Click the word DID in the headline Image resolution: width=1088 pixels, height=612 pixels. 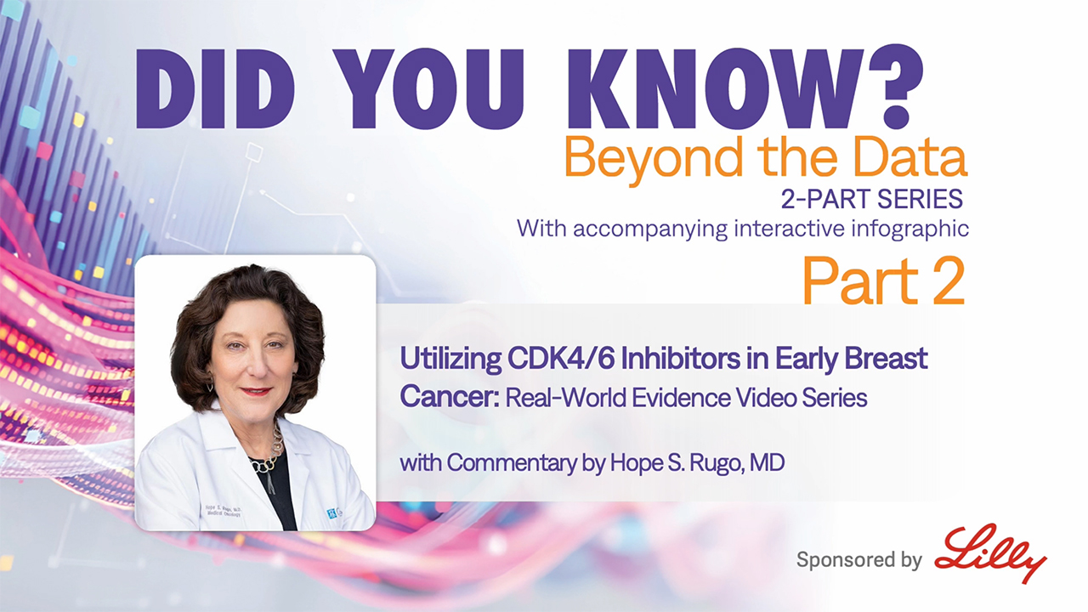point(215,88)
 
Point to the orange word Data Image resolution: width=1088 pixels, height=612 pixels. point(909,156)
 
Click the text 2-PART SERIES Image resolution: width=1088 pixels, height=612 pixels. point(872,199)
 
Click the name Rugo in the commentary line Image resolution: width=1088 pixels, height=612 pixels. point(717,463)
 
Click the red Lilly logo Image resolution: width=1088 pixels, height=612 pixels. point(991,552)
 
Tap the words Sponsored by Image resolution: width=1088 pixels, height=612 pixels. point(859,560)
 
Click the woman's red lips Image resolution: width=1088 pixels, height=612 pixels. point(256,391)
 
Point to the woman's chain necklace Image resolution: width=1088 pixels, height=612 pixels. point(270,450)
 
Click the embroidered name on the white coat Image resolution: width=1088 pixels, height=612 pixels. point(224,511)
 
